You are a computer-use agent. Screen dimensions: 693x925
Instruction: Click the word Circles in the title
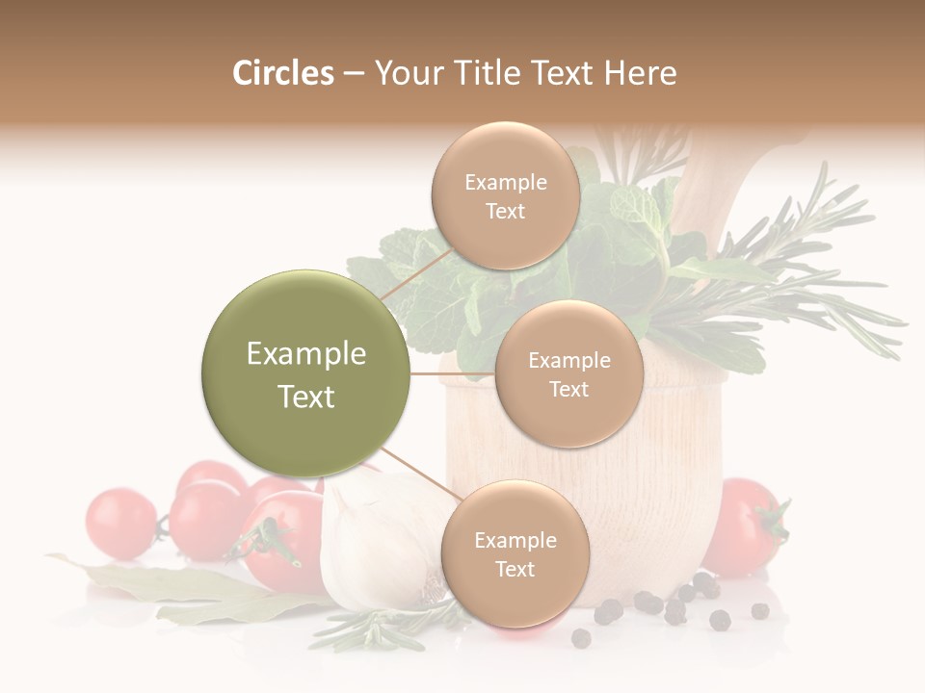[x=283, y=73]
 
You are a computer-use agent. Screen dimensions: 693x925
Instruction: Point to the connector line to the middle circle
[x=453, y=373]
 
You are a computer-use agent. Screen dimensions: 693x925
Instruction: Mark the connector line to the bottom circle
[x=420, y=475]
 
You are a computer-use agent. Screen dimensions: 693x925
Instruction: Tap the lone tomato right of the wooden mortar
[x=744, y=525]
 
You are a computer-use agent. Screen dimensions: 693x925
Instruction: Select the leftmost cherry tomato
[x=120, y=525]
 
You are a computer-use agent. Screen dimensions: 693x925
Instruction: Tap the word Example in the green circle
[x=306, y=354]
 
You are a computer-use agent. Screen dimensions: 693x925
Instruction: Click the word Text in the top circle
[x=505, y=212]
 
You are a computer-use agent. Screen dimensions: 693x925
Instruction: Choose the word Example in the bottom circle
[x=515, y=540]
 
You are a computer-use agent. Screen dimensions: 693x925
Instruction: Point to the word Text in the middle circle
[x=568, y=389]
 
